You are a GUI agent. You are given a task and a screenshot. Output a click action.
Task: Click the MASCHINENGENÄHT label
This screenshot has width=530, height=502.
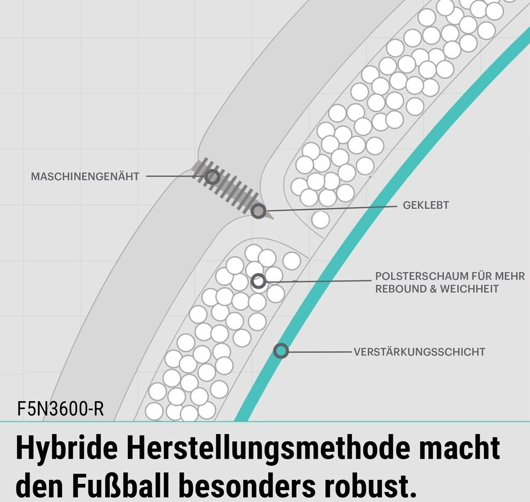[x=85, y=176]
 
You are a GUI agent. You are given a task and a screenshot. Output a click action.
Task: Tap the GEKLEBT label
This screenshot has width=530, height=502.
[x=425, y=205]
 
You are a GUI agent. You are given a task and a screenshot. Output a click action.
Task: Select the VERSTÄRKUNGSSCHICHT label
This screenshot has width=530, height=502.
[x=419, y=352]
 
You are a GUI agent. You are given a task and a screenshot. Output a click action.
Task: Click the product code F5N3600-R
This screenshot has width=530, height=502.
[x=61, y=409]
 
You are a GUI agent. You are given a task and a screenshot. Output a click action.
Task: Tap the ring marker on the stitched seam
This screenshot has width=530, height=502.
[x=211, y=177]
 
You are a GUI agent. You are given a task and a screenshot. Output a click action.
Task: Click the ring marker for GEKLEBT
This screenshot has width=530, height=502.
[x=258, y=211]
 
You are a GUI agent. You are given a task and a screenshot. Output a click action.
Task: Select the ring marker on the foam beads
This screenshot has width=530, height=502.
[x=258, y=281]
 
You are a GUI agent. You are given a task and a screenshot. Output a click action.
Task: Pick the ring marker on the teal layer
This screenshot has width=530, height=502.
[x=281, y=351]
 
